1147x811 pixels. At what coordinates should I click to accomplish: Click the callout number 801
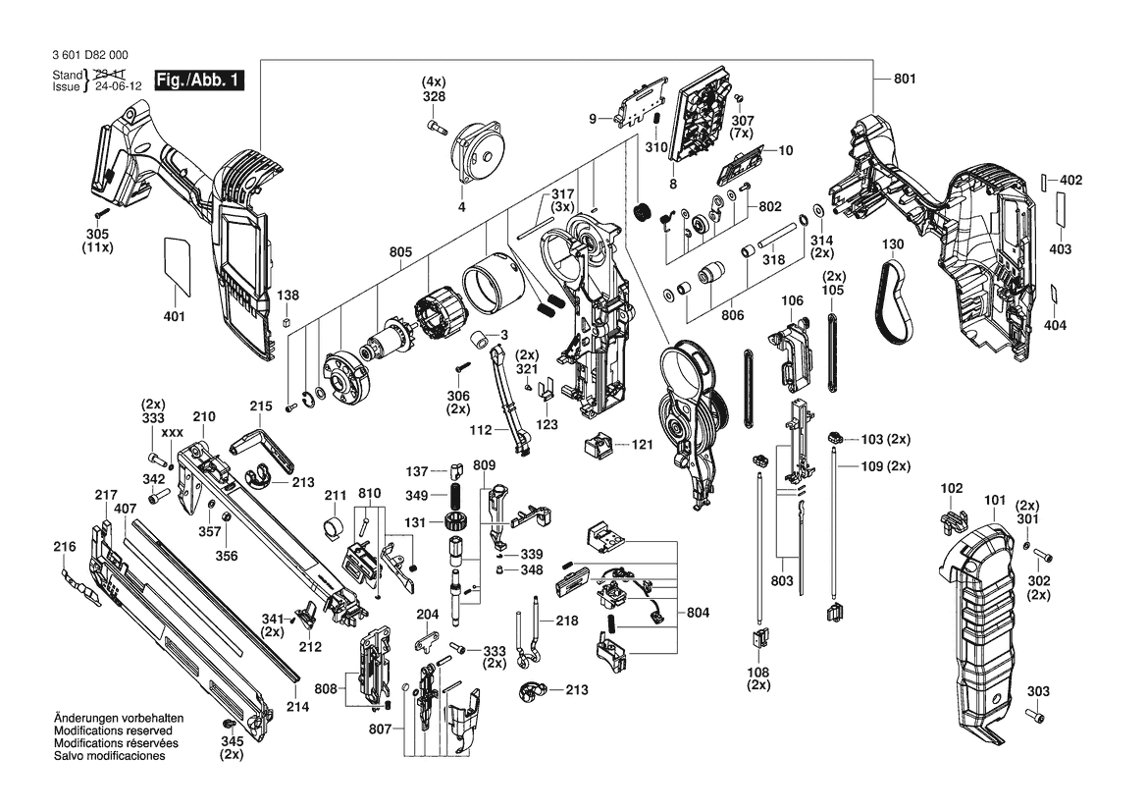[x=904, y=79]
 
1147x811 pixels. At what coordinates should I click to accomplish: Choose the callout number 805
[x=400, y=252]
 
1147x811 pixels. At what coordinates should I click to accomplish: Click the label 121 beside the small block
[x=642, y=445]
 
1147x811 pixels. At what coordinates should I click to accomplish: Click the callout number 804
[x=698, y=613]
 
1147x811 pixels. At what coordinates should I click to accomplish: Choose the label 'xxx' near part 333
[x=173, y=432]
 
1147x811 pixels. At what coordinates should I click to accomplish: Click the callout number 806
[x=731, y=316]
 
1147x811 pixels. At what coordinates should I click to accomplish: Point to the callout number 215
[x=260, y=405]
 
